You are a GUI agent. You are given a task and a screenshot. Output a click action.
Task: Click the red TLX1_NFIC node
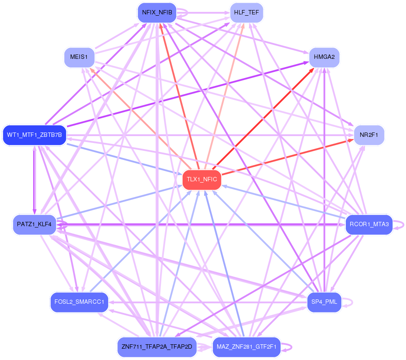point(201,180)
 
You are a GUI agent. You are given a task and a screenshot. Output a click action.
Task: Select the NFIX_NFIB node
point(157,13)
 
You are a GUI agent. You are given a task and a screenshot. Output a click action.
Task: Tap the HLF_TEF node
point(246,13)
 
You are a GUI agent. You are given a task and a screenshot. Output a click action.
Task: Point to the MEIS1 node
point(79,57)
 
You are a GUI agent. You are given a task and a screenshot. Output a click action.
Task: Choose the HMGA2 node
point(324,57)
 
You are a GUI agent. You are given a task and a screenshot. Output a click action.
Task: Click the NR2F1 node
point(368,136)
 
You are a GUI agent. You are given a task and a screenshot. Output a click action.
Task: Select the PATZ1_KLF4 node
point(34,224)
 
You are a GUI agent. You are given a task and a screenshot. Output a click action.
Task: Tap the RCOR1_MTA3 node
point(368,224)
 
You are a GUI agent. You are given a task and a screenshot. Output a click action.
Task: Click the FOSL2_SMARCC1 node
point(79,302)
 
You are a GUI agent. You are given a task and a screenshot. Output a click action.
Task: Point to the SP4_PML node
point(324,302)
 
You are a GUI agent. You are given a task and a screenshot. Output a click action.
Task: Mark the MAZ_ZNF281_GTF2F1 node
point(246,347)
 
